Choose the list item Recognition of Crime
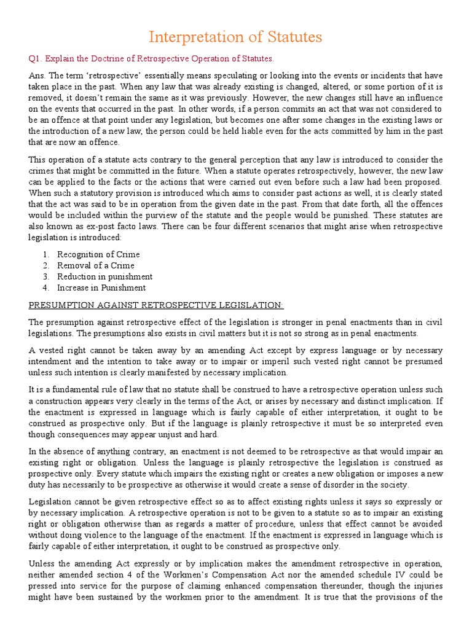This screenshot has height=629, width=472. (x=98, y=254)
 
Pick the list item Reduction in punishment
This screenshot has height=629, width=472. (x=104, y=276)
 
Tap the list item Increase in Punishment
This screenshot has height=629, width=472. (x=101, y=287)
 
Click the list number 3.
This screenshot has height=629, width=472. (x=45, y=276)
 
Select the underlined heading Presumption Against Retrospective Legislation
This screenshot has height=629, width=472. (x=156, y=305)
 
